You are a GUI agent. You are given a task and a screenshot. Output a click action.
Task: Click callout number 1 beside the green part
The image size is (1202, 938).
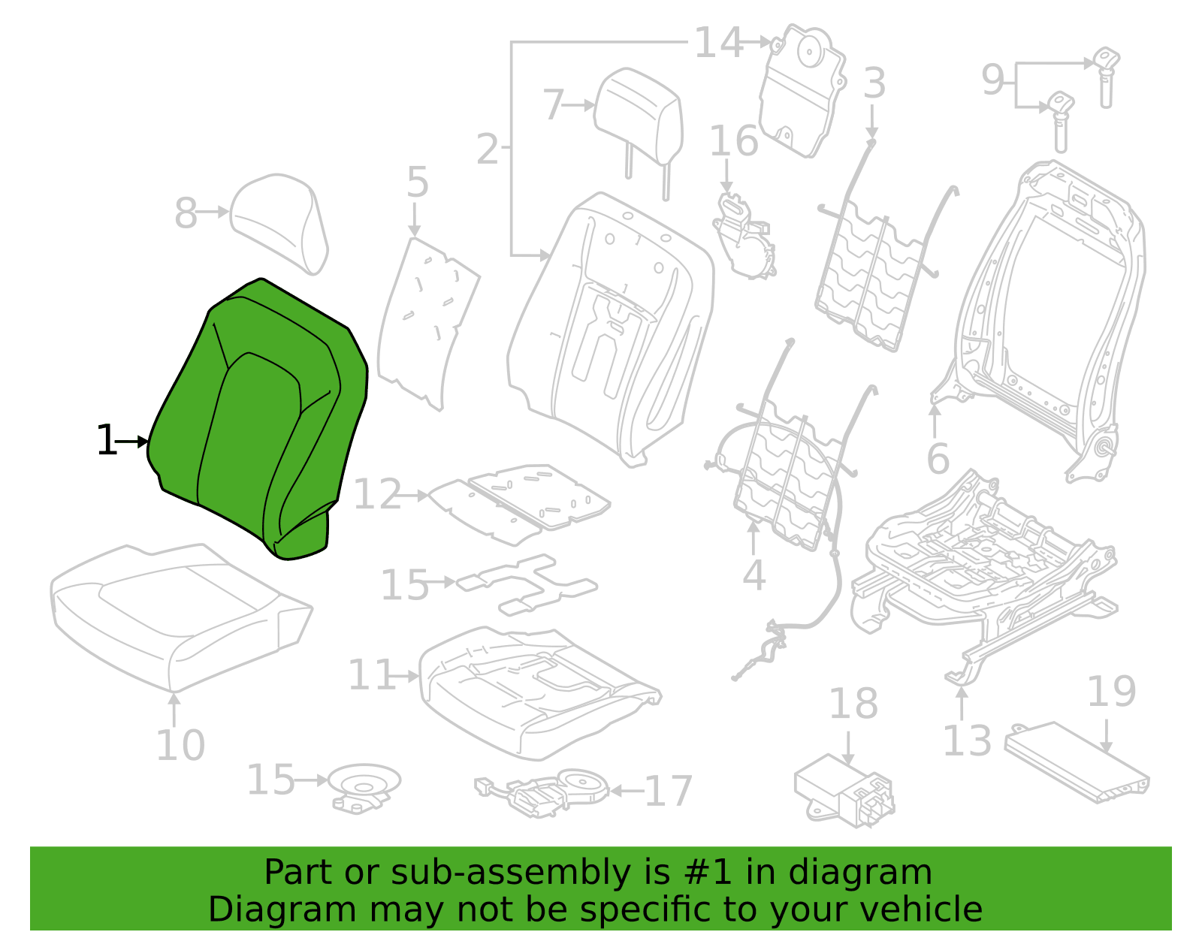click(x=106, y=440)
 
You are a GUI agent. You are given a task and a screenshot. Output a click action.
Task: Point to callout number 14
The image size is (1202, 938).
click(x=718, y=42)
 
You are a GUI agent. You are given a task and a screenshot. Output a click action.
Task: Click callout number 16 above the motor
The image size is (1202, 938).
click(x=733, y=140)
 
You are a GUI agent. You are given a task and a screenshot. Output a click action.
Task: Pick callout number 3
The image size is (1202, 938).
click(x=874, y=83)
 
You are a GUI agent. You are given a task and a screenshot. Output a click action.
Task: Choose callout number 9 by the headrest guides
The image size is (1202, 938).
click(x=992, y=80)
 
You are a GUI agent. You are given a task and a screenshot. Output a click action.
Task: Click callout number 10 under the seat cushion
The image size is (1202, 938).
click(x=180, y=744)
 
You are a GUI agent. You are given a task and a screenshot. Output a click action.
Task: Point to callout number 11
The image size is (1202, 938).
click(x=371, y=674)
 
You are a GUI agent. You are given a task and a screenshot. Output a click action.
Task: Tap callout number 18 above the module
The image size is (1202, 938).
click(x=853, y=704)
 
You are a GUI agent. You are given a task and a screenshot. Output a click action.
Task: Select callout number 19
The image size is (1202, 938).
click(x=1112, y=691)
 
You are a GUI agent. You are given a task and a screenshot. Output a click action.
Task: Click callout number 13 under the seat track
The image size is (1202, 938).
click(x=967, y=740)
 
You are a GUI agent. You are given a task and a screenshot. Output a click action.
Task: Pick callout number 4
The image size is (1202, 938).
click(x=754, y=575)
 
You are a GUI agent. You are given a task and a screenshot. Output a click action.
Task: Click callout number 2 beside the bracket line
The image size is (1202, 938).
click(x=488, y=149)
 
